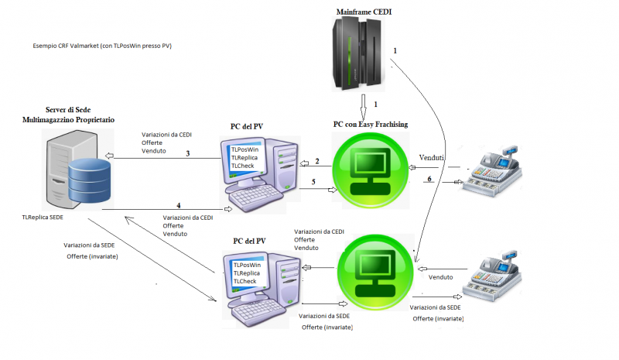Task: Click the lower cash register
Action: click(x=496, y=276)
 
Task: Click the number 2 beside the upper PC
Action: click(x=316, y=161)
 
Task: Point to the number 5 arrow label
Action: click(x=313, y=182)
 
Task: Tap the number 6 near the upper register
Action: click(x=429, y=180)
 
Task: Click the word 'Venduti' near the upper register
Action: click(x=432, y=157)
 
